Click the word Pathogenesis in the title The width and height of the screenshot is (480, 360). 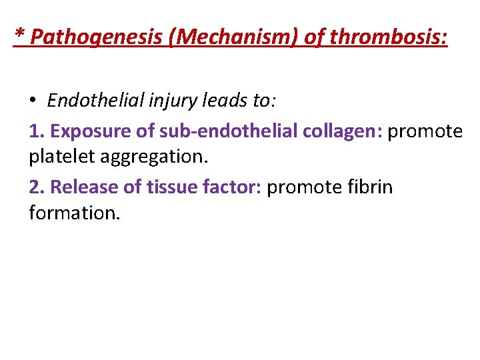coord(97,37)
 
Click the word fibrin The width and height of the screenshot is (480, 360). coord(371,187)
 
